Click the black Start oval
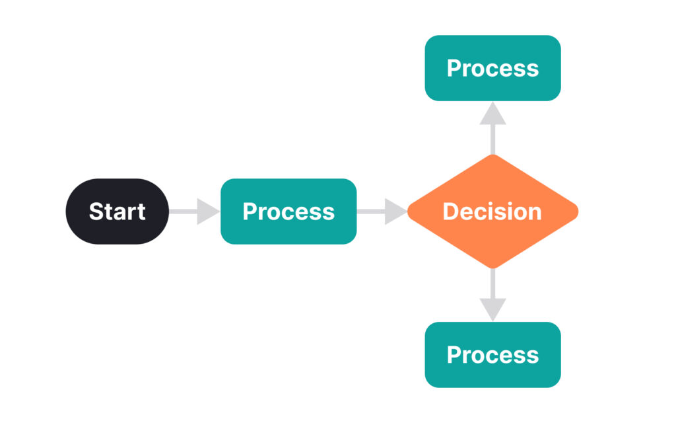coord(118,211)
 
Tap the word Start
coord(118,211)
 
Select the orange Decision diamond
coord(492,211)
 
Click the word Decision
coord(492,211)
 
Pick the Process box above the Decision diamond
coord(492,68)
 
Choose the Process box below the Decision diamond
coord(492,355)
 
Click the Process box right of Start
coord(288,211)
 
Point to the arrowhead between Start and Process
coord(207,211)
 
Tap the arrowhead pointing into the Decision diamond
coord(395,211)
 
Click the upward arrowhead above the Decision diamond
coord(492,114)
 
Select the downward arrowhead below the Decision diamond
coord(492,310)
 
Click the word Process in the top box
coord(492,68)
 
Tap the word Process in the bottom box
coord(492,355)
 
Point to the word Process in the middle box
coord(288,211)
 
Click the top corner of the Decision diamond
coord(492,155)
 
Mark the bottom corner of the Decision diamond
coord(492,268)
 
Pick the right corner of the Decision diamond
coord(578,211)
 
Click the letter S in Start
coord(96,211)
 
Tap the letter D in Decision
coord(452,211)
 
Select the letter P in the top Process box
coord(455,68)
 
